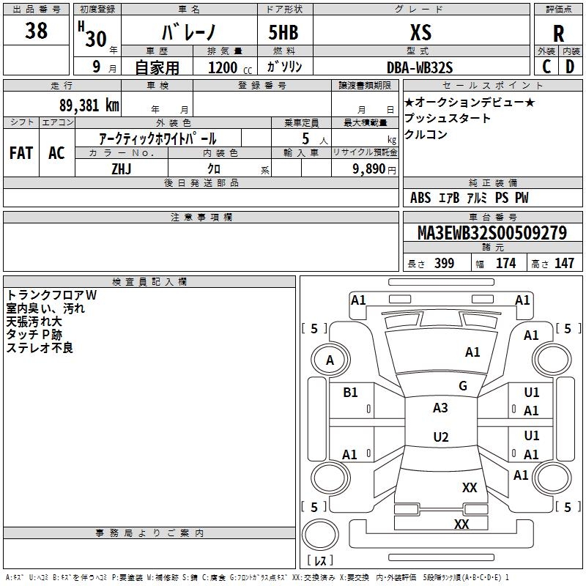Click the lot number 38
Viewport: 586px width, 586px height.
(36, 31)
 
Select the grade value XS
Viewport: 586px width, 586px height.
(420, 32)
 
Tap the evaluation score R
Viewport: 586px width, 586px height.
(558, 34)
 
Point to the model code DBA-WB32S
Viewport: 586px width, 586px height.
(420, 67)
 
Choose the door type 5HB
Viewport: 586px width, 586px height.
(283, 32)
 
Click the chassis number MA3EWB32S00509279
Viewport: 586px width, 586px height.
(492, 233)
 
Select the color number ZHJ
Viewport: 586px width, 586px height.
(122, 168)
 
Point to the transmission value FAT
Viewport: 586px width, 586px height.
(21, 152)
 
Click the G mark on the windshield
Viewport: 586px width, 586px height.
(463, 386)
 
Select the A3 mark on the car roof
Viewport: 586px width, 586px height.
(440, 408)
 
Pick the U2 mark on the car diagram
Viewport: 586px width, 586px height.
(440, 437)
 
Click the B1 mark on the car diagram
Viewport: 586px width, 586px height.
(350, 393)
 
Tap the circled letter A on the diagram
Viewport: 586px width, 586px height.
(330, 360)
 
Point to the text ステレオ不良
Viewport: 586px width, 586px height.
(40, 348)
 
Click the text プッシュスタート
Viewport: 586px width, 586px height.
(448, 119)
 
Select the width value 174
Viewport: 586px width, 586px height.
(505, 264)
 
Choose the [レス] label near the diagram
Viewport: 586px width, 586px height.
(320, 561)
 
